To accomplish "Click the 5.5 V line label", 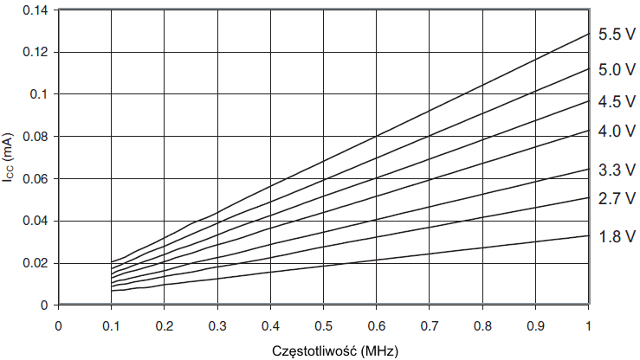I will point(617,35).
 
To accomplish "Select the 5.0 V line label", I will point(617,69).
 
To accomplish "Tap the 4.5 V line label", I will point(617,101).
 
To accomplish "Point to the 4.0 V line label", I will point(617,132).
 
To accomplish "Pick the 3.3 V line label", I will point(617,170).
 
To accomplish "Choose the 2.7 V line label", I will point(617,199).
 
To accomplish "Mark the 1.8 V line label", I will point(617,236).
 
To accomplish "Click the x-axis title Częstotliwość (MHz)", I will point(322,350).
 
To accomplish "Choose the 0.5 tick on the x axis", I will point(322,325).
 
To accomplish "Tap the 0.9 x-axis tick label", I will point(534,325).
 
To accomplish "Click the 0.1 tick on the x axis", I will point(111,325).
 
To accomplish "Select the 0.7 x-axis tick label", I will point(429,325).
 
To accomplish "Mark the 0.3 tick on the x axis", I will point(217,325).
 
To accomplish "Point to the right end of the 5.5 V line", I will point(588,34).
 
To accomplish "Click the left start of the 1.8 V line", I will point(112,291).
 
